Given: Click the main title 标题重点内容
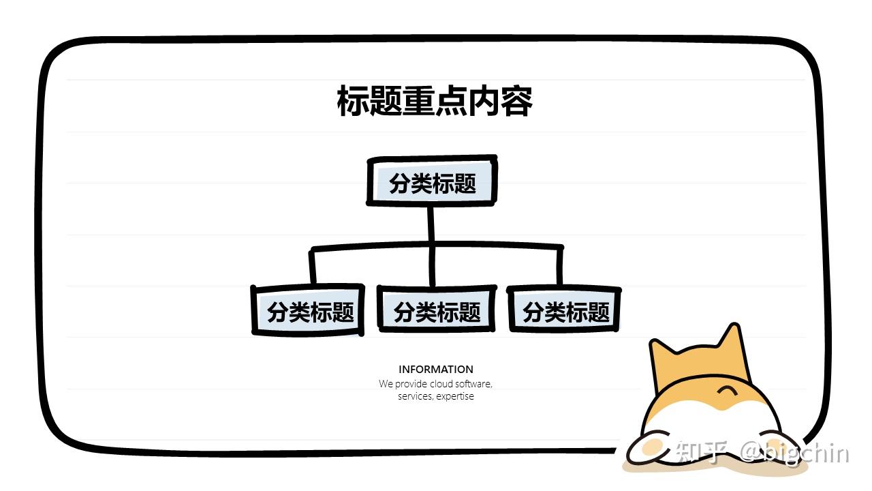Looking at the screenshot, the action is point(435,101).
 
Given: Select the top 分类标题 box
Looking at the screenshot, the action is point(432,181).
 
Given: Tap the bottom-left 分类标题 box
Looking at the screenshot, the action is point(309,310).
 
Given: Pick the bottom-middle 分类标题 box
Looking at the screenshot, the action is point(437,309).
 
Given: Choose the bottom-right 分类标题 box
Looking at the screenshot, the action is point(564,309).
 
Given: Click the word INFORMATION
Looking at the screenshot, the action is point(435,369).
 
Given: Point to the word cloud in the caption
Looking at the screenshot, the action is point(441,384).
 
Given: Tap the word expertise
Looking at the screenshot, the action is point(455,396).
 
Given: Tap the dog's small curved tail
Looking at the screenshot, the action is point(726,391).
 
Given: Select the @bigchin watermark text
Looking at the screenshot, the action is point(794,453).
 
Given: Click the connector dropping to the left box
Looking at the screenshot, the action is point(312,267).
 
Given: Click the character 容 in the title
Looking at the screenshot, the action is point(516,101).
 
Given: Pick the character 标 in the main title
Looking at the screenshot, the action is point(353,101).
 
